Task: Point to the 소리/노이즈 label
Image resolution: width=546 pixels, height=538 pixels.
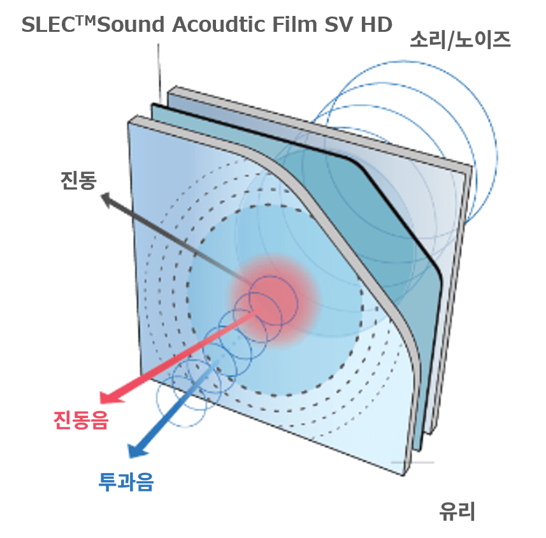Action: tap(460, 41)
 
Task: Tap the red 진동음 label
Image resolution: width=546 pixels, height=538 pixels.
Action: tap(78, 420)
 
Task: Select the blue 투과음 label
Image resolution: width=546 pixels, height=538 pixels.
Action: tap(126, 482)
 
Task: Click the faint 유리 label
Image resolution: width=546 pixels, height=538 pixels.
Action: tap(457, 511)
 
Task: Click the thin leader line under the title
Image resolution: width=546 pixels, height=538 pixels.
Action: tap(158, 70)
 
